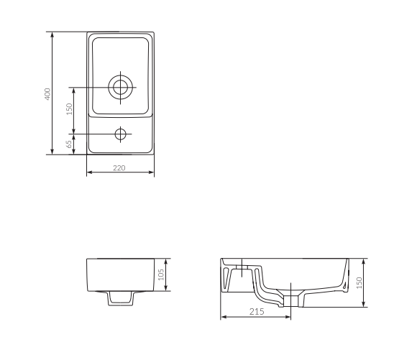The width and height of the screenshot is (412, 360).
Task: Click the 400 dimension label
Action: [47, 94]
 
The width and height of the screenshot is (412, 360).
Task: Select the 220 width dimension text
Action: [119, 168]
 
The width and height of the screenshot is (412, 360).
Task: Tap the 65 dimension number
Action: [69, 144]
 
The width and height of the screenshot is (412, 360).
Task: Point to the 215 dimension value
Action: [257, 311]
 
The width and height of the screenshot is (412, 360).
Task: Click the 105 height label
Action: [161, 274]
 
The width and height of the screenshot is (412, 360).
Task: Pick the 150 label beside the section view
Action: [360, 283]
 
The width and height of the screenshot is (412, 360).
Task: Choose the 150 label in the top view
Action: [69, 109]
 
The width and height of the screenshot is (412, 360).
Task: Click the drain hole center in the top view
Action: [121, 87]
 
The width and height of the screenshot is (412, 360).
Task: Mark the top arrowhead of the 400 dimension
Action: [52, 35]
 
